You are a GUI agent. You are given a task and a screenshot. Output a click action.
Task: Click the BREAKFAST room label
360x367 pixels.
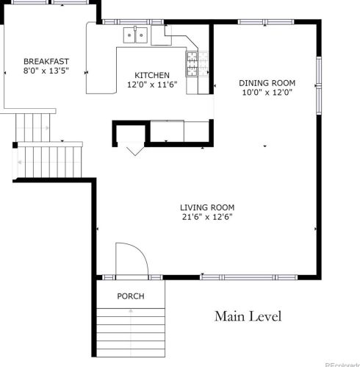point(46,61)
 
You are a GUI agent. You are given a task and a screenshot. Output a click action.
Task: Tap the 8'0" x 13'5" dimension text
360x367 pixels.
point(46,71)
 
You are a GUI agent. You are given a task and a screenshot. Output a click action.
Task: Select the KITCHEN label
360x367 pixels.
point(152,75)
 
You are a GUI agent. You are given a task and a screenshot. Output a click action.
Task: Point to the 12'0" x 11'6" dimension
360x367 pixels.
point(152,85)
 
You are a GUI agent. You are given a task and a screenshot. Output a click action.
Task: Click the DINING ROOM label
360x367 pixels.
point(267,83)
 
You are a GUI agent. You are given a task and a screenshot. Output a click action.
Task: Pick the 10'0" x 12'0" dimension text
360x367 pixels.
point(267,93)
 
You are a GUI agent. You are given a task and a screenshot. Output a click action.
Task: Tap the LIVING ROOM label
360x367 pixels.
point(207,207)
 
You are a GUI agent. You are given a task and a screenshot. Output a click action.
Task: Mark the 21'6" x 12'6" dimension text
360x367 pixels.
point(207,217)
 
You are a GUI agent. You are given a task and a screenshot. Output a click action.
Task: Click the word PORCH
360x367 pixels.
point(131,296)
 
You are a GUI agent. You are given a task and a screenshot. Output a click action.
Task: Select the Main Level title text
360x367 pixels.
point(248,316)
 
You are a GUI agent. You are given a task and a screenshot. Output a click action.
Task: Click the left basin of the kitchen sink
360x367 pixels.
point(129,35)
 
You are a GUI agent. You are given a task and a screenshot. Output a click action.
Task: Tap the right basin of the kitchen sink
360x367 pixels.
point(142,35)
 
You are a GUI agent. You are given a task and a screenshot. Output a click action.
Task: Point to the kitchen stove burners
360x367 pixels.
point(192,64)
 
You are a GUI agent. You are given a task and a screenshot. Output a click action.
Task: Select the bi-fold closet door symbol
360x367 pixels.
point(135,151)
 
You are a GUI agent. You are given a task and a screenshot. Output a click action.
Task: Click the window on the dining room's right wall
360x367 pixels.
point(319,85)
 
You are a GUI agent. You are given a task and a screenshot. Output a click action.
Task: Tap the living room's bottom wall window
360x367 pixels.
point(249,277)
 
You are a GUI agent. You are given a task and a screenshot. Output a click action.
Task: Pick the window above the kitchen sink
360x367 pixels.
point(133,22)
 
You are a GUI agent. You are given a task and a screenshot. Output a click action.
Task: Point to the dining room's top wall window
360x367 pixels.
point(266,22)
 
